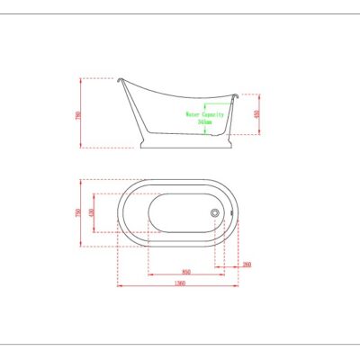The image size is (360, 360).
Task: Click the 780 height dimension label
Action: (78, 114)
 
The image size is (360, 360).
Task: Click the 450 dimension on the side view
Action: (256, 114)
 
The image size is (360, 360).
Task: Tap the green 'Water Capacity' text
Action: (205, 115)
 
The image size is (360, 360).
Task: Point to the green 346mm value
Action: (205, 123)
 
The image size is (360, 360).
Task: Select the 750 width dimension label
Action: (78, 212)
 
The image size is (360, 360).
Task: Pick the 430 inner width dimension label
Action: (90, 212)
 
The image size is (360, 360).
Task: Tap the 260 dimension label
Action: (246, 265)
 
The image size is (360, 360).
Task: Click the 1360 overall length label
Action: (178, 283)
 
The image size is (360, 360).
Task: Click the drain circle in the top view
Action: (215, 212)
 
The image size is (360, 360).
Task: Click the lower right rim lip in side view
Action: (237, 95)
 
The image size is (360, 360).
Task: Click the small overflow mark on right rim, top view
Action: (232, 213)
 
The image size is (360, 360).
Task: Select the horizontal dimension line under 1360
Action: (178, 287)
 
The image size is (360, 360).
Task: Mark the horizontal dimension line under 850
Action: (185, 274)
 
